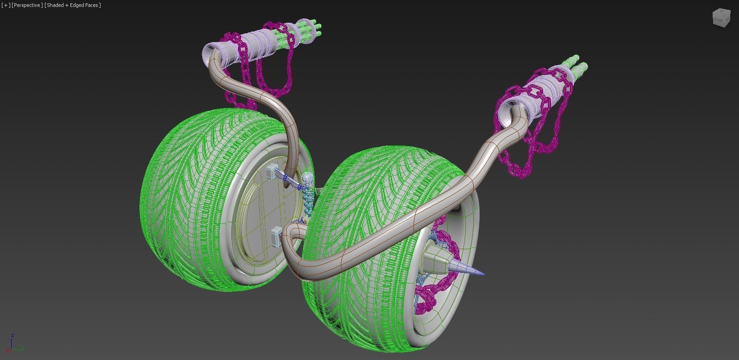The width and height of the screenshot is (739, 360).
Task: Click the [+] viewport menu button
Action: pyautogui.click(x=6, y=5)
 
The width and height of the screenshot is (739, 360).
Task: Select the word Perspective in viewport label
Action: pyautogui.click(x=27, y=5)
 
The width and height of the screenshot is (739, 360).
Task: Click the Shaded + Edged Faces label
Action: pyautogui.click(x=73, y=5)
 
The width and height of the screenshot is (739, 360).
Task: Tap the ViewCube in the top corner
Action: pyautogui.click(x=720, y=18)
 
